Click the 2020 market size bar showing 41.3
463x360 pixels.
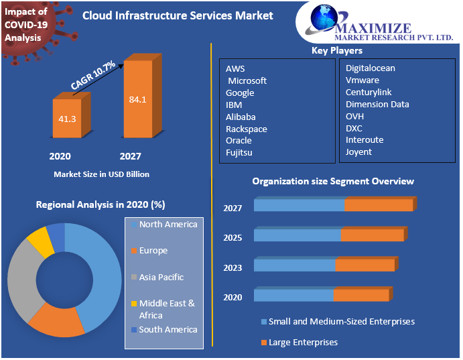click(x=67, y=119)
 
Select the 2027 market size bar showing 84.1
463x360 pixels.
click(x=138, y=100)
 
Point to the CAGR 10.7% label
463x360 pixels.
click(x=93, y=76)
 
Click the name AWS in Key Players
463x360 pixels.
click(x=235, y=68)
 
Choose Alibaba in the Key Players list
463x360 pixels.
click(x=241, y=117)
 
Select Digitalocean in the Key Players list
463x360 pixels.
click(x=370, y=68)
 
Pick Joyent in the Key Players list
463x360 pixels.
click(x=358, y=152)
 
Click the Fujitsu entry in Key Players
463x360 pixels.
click(x=239, y=153)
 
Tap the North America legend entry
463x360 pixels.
click(x=168, y=225)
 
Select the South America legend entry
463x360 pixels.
click(x=168, y=330)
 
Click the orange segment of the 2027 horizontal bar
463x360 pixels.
click(x=379, y=205)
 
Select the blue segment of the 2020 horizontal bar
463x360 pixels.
click(x=293, y=296)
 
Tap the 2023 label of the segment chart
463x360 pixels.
click(x=233, y=267)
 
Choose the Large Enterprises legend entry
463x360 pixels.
click(x=303, y=343)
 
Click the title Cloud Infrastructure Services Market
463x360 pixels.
click(x=178, y=15)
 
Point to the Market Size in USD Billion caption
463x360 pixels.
click(x=101, y=174)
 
